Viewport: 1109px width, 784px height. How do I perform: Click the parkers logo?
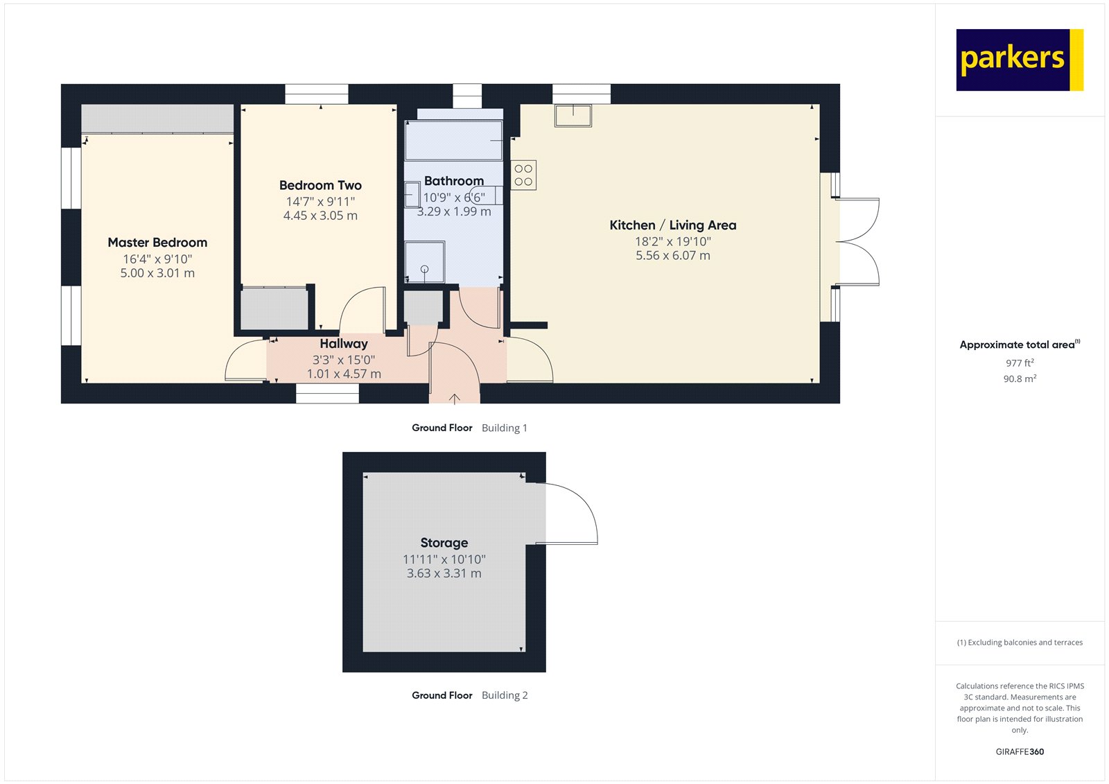(x=1018, y=60)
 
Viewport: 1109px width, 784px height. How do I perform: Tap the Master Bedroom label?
(x=157, y=243)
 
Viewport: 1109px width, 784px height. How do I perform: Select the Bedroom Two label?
(x=320, y=185)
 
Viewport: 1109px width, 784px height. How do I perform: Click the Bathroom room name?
(x=454, y=181)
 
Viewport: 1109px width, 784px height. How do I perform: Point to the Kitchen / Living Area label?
(x=672, y=225)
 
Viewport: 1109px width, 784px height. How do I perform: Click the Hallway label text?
(x=344, y=343)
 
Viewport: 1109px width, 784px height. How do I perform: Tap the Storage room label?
(x=444, y=543)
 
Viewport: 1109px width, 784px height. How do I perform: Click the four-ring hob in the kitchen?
(x=523, y=175)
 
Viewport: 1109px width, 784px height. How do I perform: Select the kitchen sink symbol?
(x=573, y=115)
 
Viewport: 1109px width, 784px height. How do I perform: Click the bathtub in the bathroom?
(x=453, y=141)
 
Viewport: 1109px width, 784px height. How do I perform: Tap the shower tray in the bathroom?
(x=424, y=262)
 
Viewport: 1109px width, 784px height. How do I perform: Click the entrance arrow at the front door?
(x=455, y=399)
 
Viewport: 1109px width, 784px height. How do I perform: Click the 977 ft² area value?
(x=1020, y=363)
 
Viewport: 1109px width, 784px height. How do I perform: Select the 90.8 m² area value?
(x=1020, y=379)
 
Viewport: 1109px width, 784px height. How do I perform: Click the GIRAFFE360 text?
(x=1020, y=751)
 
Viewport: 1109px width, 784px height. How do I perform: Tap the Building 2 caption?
(x=505, y=695)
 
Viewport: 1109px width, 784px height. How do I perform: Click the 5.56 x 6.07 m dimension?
(x=672, y=256)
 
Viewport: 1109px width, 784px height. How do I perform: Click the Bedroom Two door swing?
(x=364, y=308)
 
